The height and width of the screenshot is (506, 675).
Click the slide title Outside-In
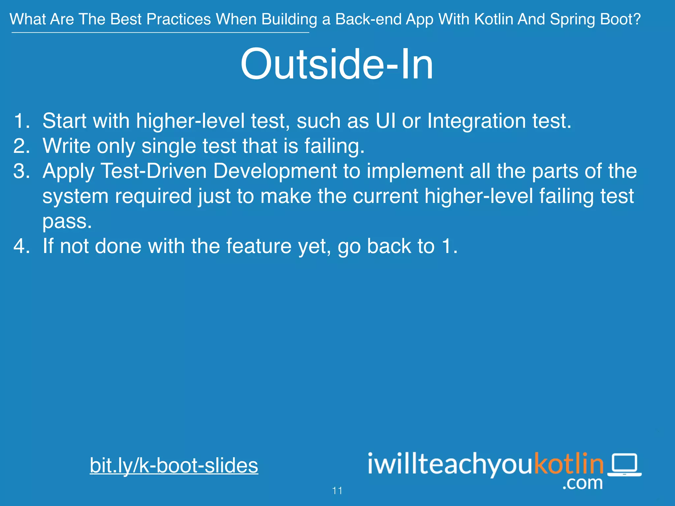(337, 64)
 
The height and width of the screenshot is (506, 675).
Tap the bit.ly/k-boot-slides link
(174, 465)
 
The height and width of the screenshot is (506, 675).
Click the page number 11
(337, 491)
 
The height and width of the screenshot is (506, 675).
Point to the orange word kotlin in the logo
(569, 464)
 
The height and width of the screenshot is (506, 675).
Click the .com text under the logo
(583, 483)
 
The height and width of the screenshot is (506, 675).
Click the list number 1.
(21, 121)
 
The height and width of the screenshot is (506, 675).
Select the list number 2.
(21, 146)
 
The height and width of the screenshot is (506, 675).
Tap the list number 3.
(21, 171)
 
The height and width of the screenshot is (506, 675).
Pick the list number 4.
(21, 246)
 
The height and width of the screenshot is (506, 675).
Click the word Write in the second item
(67, 146)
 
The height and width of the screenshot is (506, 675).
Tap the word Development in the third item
(275, 171)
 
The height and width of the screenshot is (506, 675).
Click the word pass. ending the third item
(67, 221)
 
